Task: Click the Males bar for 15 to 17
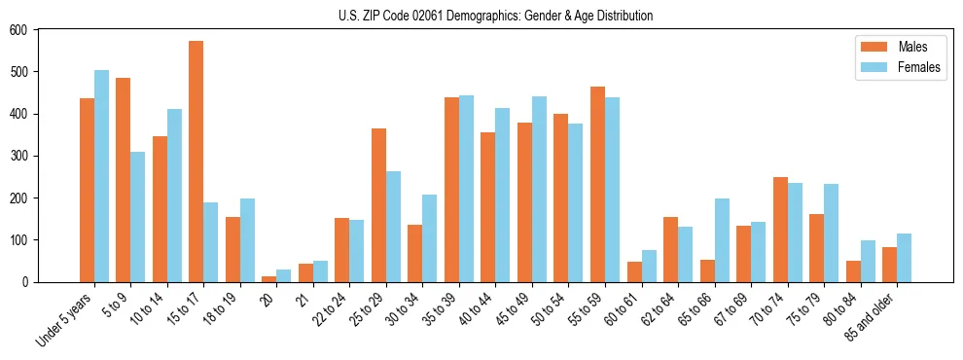pos(196,162)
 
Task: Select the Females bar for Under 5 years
pos(101,176)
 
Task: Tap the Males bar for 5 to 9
pos(123,180)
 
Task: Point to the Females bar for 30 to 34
pos(430,238)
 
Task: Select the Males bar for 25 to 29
pos(378,205)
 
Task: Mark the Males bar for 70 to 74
pos(780,230)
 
